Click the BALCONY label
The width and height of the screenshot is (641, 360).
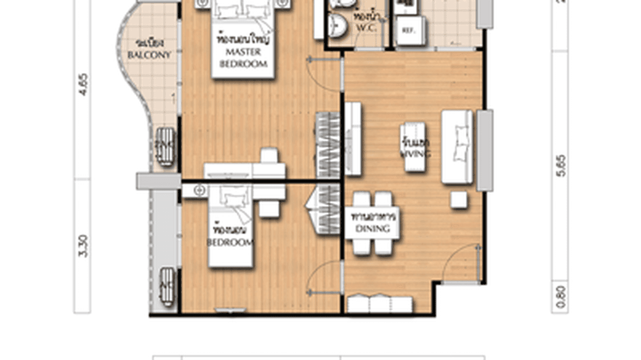149,55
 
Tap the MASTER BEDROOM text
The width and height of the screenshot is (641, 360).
243,57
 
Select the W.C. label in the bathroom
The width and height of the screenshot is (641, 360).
366,27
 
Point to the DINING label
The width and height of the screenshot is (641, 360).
373,228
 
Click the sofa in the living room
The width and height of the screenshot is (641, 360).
457,147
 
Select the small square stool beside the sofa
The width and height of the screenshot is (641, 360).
459,200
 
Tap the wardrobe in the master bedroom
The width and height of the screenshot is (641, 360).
328,145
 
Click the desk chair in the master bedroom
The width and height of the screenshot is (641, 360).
269,155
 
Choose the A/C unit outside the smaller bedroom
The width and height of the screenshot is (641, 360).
167,286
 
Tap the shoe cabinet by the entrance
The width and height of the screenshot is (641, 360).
379,305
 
